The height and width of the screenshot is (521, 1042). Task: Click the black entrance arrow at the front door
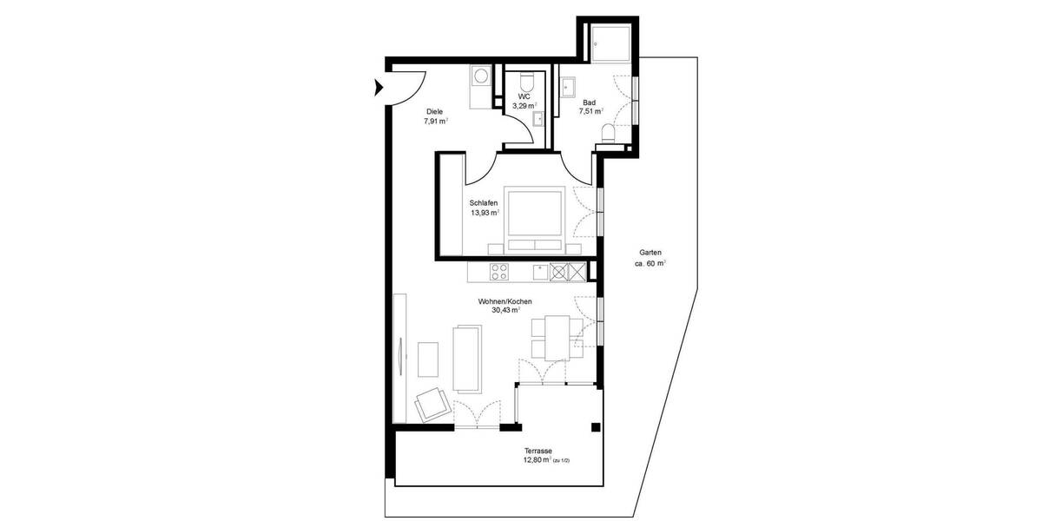pos(379,86)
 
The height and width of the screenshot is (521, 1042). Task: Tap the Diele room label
pos(435,112)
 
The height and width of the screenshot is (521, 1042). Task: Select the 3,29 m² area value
pos(524,105)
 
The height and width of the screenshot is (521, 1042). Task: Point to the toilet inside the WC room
pos(525,79)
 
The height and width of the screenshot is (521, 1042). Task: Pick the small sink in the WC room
pos(539,118)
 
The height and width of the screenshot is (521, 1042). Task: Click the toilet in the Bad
pos(609,132)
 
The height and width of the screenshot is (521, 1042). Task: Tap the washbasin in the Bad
pos(570,86)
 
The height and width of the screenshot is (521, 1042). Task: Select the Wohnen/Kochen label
pos(505,301)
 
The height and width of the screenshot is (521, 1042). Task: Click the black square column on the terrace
pos(596,427)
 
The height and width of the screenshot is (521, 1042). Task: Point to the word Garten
pos(649,253)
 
